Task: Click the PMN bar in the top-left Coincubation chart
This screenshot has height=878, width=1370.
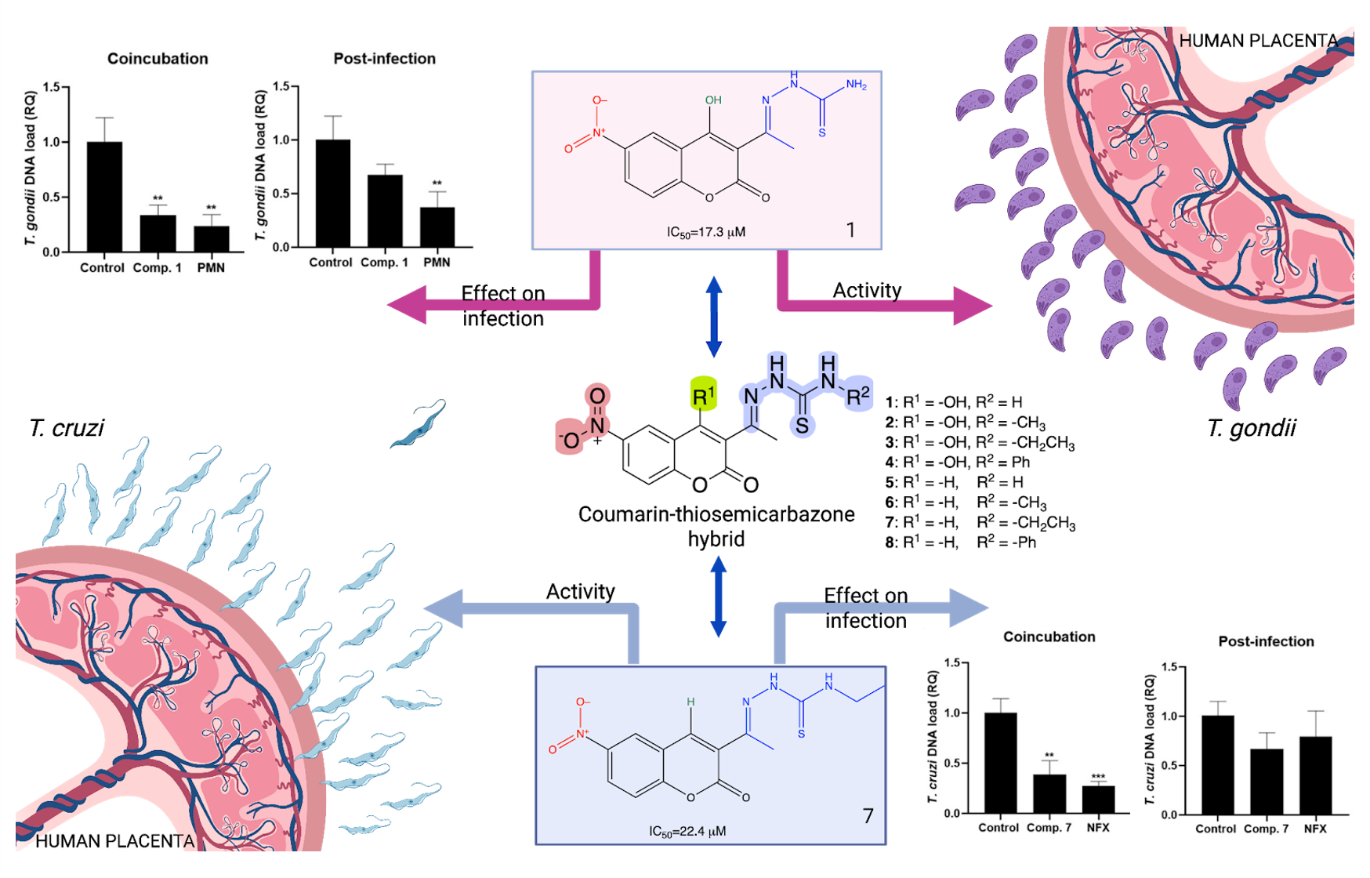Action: click(x=212, y=238)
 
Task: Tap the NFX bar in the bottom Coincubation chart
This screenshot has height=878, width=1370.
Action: click(x=1098, y=799)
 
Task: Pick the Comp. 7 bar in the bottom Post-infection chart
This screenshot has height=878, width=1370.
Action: click(x=1267, y=782)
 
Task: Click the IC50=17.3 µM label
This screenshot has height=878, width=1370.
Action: click(x=705, y=232)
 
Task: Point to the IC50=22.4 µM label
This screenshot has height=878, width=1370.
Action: click(x=687, y=831)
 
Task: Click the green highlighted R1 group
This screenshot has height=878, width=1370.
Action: click(x=703, y=395)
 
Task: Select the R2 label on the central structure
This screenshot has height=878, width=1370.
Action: click(x=858, y=395)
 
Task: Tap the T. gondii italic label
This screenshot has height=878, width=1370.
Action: click(x=1251, y=428)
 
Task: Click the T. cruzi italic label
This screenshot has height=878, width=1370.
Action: click(x=67, y=428)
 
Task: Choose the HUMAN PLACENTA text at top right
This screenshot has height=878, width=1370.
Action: click(x=1258, y=41)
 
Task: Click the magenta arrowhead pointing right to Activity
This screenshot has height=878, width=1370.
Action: click(x=972, y=306)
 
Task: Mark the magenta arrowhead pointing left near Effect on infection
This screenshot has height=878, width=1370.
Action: click(x=408, y=306)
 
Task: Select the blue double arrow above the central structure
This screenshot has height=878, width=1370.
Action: click(x=713, y=317)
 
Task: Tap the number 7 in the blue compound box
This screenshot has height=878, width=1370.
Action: click(x=868, y=816)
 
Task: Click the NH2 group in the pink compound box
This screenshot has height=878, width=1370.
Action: click(x=856, y=85)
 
